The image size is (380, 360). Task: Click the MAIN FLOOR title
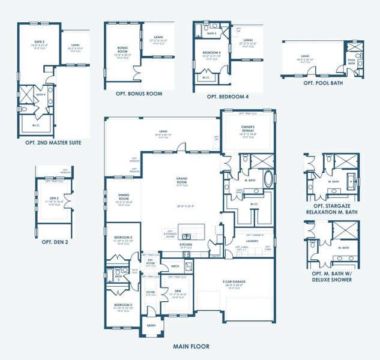tap(190, 346)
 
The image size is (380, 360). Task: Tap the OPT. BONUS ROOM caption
tap(139, 94)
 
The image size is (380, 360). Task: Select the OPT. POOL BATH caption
tap(323, 83)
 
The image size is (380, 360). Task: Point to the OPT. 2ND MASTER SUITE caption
tap(53, 143)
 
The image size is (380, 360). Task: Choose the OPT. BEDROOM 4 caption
tap(228, 96)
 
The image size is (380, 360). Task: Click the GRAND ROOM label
tap(182, 179)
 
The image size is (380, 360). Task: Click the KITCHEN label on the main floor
tap(186, 244)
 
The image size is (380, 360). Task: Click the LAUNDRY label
tap(252, 241)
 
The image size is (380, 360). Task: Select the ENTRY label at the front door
tap(151, 326)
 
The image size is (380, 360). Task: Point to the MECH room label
tap(175, 266)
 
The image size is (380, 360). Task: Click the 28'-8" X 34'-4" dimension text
tap(182, 206)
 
